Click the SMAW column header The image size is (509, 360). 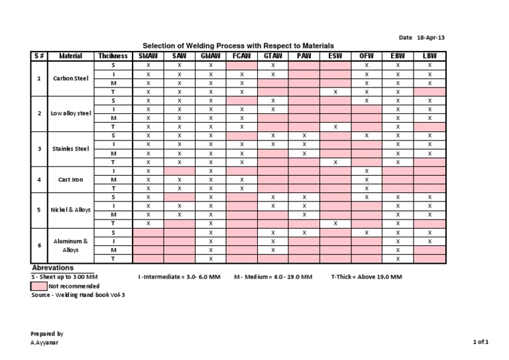[x=148, y=56]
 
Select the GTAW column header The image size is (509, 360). [x=274, y=56]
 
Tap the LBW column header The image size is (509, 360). [x=429, y=56]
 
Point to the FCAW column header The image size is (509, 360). [x=242, y=56]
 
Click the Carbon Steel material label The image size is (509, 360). [x=70, y=78]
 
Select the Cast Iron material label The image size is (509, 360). [x=70, y=180]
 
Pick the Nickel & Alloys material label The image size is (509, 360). [x=70, y=210]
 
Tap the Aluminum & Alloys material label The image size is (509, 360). [x=70, y=245]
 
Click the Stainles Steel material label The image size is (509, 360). [x=70, y=149]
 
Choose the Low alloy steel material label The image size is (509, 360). [x=70, y=113]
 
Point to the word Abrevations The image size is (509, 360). [x=52, y=267]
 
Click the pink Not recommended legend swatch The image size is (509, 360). [x=39, y=284]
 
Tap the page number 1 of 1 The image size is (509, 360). [x=481, y=342]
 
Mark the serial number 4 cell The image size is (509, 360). [x=39, y=180]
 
